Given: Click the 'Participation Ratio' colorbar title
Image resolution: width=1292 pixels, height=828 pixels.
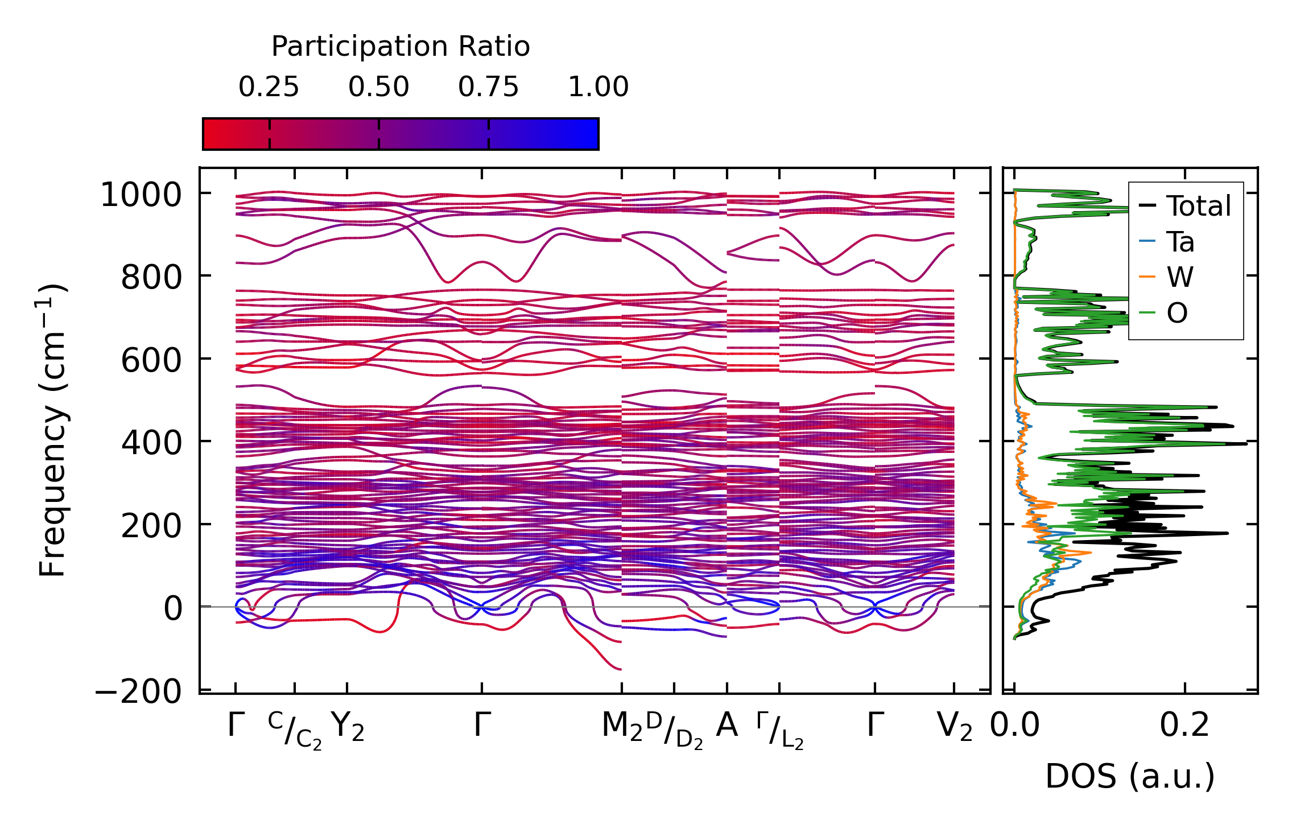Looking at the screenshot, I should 401,47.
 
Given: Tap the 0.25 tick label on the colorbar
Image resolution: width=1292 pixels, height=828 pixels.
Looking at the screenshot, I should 269,87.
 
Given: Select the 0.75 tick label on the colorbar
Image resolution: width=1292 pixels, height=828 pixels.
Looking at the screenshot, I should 488,87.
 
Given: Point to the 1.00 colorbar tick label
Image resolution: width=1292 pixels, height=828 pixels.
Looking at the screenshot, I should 598,87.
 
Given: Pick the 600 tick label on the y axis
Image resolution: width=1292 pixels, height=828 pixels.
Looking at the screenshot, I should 151,361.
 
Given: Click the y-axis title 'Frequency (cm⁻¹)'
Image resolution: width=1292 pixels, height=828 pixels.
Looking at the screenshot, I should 52,430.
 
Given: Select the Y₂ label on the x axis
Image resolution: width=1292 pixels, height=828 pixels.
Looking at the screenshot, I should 347,727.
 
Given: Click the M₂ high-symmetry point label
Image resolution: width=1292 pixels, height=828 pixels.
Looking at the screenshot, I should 621,727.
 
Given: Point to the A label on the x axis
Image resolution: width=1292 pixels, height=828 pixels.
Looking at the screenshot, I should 727,726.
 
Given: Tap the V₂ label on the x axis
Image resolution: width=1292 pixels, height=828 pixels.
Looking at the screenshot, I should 954,727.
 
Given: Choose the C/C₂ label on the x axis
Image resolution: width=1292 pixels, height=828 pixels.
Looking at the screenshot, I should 295,730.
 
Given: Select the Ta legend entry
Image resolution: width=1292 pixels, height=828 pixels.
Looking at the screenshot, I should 1180,242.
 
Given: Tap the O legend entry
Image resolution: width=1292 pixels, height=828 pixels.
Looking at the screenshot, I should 1177,313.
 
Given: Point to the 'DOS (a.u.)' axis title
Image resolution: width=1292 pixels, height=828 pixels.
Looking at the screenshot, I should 1130,776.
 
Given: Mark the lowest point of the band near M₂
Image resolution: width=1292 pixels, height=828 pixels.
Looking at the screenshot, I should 620,669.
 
